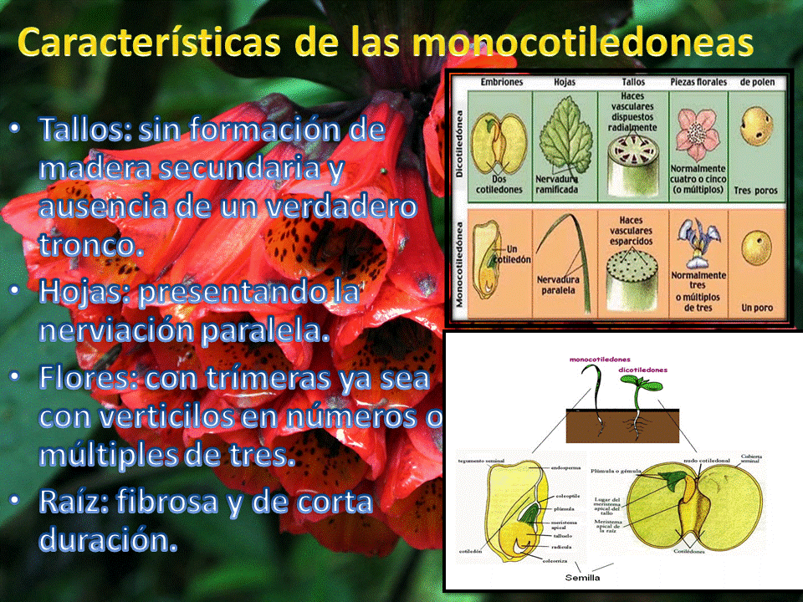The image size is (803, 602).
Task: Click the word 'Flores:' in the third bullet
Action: coord(89,378)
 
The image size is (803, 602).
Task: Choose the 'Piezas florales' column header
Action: coord(697,82)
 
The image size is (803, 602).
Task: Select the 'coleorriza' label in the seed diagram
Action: coord(557,561)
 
